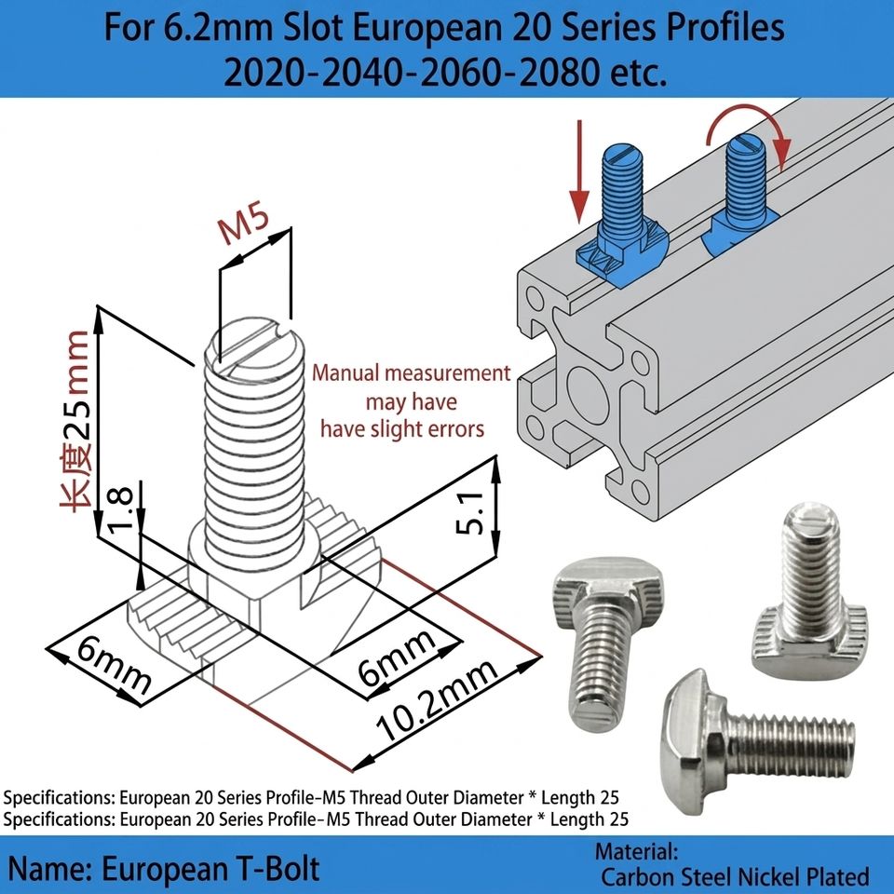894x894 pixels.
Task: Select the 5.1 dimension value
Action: coord(471,513)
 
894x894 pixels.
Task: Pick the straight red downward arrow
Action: coord(579,170)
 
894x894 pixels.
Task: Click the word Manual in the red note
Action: coord(345,373)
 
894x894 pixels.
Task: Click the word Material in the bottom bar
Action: coord(636,852)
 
